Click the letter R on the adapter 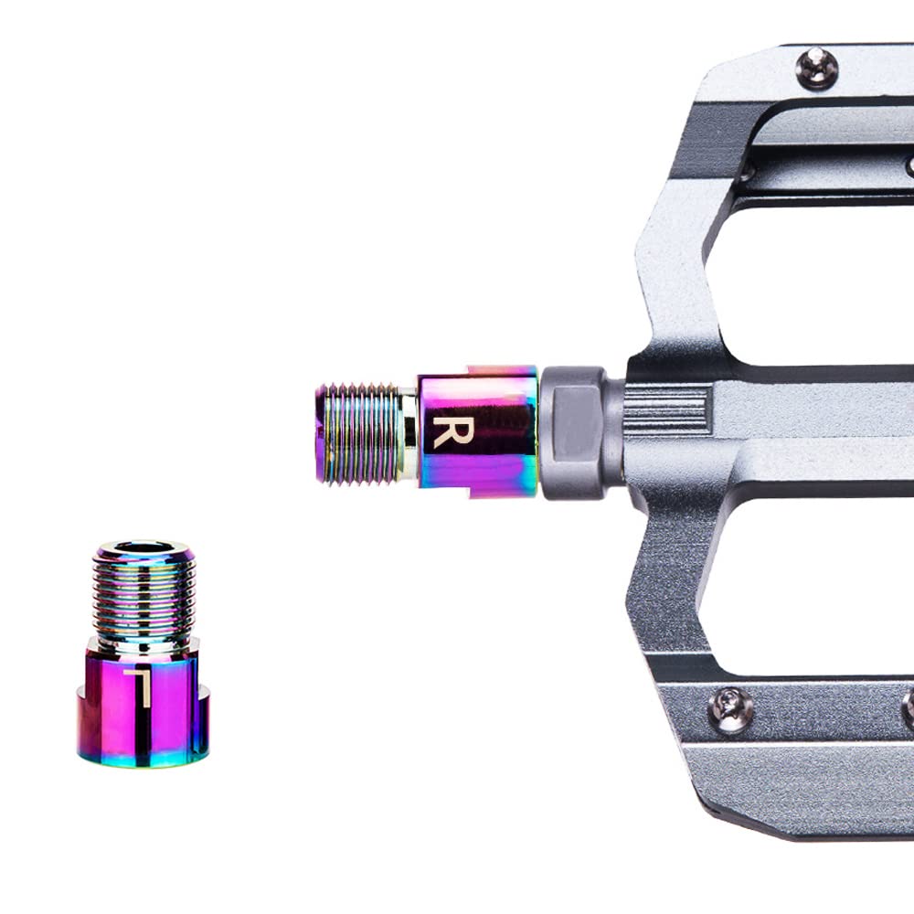[x=452, y=431]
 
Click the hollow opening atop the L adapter [x=144, y=547]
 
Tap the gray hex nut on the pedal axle [x=574, y=432]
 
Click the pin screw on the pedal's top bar [x=817, y=68]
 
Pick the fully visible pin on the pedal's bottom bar [x=729, y=709]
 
